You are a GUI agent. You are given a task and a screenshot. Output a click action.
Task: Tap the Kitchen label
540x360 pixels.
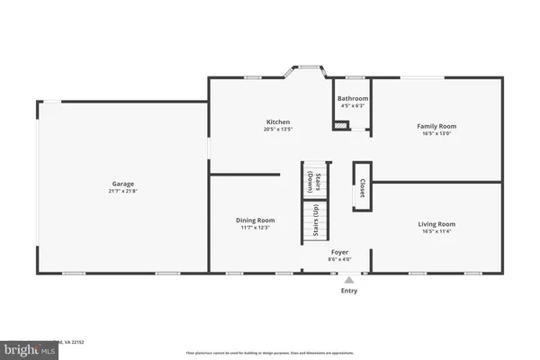click(278, 121)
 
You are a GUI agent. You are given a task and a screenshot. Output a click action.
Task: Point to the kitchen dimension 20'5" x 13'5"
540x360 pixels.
click(278, 130)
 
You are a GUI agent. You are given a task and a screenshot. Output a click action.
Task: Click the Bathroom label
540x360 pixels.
click(352, 98)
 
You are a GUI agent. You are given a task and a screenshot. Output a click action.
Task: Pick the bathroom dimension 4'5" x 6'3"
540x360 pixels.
click(352, 105)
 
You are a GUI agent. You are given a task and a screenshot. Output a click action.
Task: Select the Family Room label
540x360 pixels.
click(436, 126)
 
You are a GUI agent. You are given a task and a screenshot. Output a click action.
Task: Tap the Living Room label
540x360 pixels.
click(436, 223)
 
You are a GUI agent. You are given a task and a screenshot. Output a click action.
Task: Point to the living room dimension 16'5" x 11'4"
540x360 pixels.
click(436, 231)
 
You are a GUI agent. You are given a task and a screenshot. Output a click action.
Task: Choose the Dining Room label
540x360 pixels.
click(256, 220)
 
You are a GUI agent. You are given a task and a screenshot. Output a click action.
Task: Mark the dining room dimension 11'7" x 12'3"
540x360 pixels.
click(256, 228)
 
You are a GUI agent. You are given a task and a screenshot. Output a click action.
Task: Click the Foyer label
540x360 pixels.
click(339, 252)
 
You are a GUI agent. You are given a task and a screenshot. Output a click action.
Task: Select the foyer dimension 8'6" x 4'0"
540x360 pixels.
click(339, 260)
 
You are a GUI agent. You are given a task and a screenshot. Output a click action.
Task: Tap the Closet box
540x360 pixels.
click(362, 186)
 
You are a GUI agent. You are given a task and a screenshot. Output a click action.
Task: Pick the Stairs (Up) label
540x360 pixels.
click(316, 220)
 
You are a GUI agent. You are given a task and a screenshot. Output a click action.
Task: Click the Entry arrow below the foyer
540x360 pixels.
click(349, 279)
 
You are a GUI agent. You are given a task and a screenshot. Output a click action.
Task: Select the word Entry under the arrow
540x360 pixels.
click(349, 291)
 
